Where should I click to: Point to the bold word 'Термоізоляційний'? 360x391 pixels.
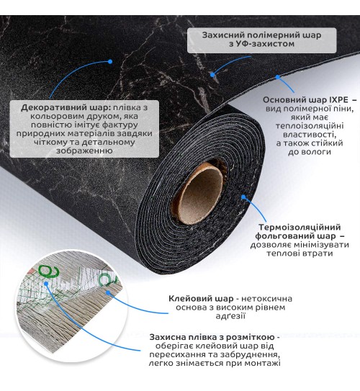pyautogui.click(x=300, y=227)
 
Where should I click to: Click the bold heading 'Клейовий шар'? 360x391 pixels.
pyautogui.click(x=201, y=299)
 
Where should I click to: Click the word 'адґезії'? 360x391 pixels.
pyautogui.click(x=230, y=316)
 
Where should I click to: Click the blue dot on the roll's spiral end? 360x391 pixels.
pyautogui.click(x=243, y=197)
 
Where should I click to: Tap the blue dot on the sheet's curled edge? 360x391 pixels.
pyautogui.click(x=278, y=77)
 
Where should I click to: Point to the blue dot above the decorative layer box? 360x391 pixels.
pyautogui.click(x=110, y=61)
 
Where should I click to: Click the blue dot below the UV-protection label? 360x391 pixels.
pyautogui.click(x=212, y=75)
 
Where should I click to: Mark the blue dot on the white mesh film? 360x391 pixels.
pyautogui.click(x=46, y=283)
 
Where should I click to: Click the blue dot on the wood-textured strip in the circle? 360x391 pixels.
pyautogui.click(x=108, y=292)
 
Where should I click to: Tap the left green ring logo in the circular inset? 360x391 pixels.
pyautogui.click(x=49, y=271)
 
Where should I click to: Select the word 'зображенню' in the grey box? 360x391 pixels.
pyautogui.click(x=84, y=150)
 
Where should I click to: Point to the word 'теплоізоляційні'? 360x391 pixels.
pyautogui.click(x=310, y=126)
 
